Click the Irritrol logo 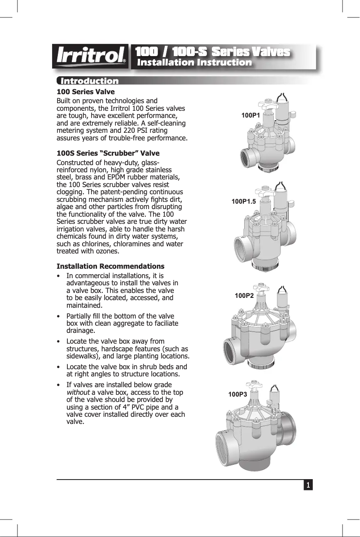tap(90, 57)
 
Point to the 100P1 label tap(251, 115)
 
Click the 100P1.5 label tap(243, 201)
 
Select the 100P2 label tap(244, 296)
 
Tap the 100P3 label tap(237, 394)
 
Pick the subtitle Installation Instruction tap(194, 62)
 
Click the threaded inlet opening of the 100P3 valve tap(228, 442)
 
